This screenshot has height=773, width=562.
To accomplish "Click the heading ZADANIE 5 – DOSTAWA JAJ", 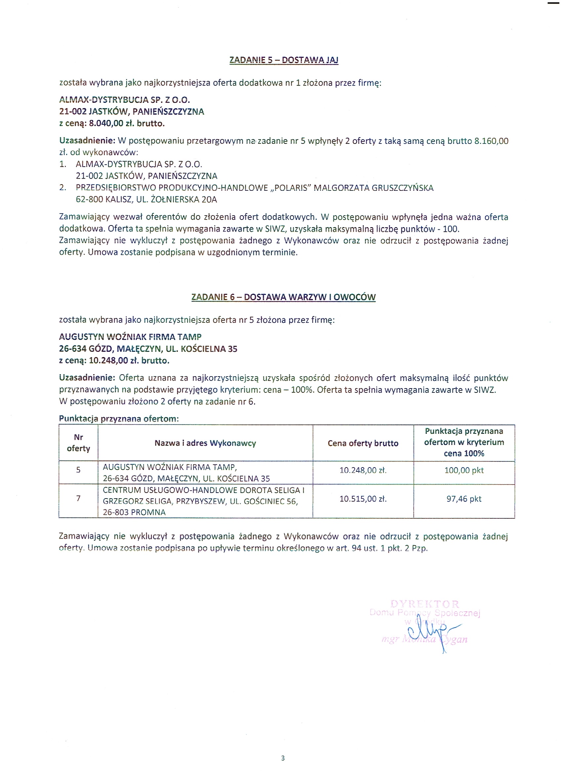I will tap(284, 60).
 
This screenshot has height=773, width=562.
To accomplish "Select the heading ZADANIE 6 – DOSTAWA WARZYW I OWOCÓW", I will tap(283, 297).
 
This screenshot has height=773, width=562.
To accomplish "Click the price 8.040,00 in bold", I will tap(106, 123).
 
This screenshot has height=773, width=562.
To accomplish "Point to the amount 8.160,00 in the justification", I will tap(491, 141).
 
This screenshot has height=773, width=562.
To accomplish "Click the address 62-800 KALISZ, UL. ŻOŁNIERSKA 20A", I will tap(146, 199).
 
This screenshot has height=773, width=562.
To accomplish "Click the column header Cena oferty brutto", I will tap(363, 443).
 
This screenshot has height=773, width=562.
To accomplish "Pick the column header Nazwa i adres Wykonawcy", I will tap(205, 443).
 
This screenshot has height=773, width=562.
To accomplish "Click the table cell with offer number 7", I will tap(78, 498).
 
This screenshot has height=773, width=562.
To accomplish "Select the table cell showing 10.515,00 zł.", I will tap(363, 499).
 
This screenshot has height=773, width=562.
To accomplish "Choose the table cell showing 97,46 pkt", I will tap(464, 499).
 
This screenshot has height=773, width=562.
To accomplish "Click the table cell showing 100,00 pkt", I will tap(464, 470).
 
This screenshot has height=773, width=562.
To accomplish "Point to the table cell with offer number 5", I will tap(78, 470).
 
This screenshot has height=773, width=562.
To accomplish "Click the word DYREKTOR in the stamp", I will tap(425, 604).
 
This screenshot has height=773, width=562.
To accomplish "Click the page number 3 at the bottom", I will tap(283, 758).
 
